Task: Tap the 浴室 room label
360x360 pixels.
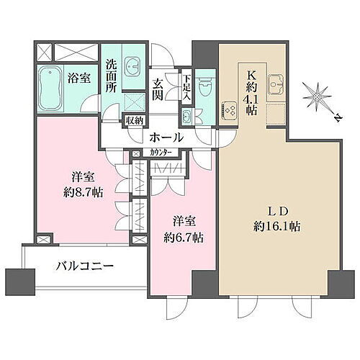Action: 80,78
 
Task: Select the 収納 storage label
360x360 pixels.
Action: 135,121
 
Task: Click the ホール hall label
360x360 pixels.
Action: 166,137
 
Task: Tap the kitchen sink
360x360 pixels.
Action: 277,81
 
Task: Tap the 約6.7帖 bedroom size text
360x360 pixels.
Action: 181,237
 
